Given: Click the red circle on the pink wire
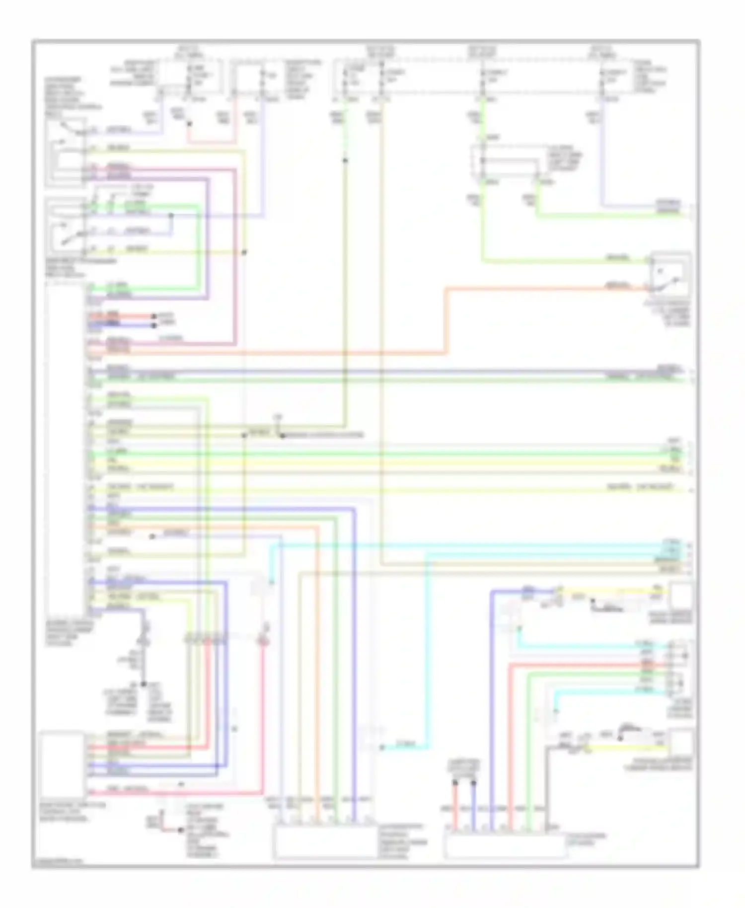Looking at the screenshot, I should (x=263, y=642).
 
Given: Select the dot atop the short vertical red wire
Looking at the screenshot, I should (x=454, y=783).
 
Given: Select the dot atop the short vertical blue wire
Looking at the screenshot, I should (x=473, y=783).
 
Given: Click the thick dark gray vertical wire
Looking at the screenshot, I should (x=547, y=785).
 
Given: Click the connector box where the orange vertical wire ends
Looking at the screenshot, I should (x=325, y=842).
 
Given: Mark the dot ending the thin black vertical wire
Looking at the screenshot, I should (x=144, y=684).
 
